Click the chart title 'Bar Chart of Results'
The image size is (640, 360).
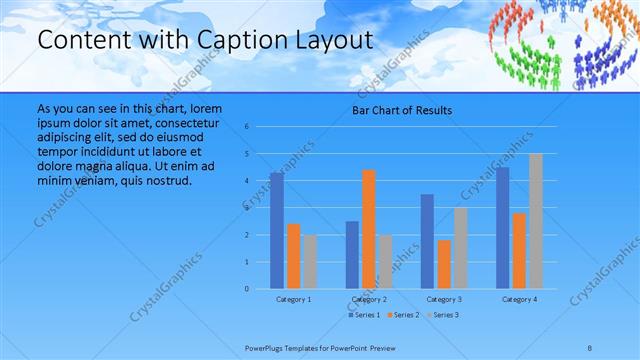(401, 110)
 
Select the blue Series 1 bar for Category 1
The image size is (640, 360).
(276, 230)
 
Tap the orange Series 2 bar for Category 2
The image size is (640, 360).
(369, 229)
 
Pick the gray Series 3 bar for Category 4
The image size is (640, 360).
(536, 221)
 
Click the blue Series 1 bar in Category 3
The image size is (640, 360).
(427, 241)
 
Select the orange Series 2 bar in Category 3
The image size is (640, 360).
(444, 264)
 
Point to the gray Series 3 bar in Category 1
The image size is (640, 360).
(310, 261)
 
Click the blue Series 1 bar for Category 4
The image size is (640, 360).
(502, 227)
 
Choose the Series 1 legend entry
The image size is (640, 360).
(363, 315)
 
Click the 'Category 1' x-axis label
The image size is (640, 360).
(293, 299)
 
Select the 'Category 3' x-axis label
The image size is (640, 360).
(443, 299)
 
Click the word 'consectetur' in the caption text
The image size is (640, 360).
(186, 120)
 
